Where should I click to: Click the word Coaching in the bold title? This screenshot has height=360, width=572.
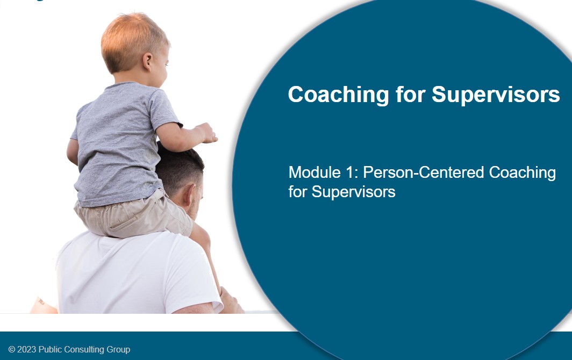[x=339, y=95]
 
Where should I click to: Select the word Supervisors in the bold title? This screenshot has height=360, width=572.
[x=496, y=95]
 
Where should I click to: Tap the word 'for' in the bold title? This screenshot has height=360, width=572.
[x=410, y=94]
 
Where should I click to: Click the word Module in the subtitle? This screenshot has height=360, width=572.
[x=314, y=172]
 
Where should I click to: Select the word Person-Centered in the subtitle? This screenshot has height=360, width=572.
[x=424, y=172]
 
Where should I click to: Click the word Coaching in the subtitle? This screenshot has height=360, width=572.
[x=523, y=173]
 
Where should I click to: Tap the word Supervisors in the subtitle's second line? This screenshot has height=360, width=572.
[x=353, y=192]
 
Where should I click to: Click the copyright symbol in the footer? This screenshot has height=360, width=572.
[x=12, y=349]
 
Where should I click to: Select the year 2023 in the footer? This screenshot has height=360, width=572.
[x=27, y=349]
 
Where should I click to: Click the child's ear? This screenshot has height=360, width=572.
[x=147, y=61]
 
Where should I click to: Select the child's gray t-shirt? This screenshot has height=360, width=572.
[x=120, y=142]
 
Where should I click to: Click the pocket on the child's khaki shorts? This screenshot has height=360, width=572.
[x=123, y=222]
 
